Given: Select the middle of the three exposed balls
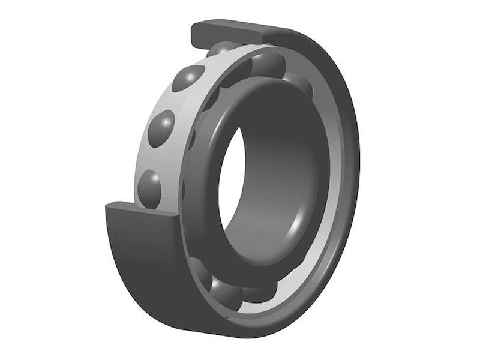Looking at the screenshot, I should coord(161,128).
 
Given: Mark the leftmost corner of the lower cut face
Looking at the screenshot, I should coord(106,207).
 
